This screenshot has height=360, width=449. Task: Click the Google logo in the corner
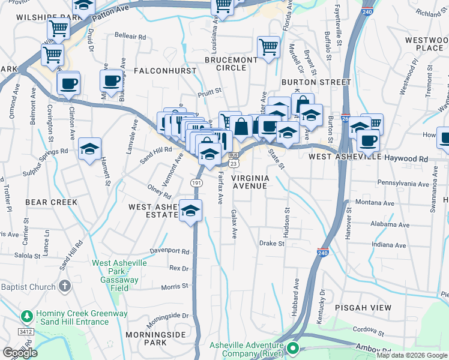pyautogui.click(x=20, y=352)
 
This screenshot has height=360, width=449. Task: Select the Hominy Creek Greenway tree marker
pyautogui.click(x=26, y=315)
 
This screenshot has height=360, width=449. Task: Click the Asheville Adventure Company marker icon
pyautogui.click(x=293, y=348)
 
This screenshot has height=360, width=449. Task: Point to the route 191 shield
pyautogui.click(x=196, y=182)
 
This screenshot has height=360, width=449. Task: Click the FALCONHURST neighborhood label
pyautogui.click(x=165, y=71)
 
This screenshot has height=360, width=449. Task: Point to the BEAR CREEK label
pyautogui.click(x=51, y=202)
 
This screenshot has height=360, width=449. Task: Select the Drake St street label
pyautogui.click(x=271, y=244)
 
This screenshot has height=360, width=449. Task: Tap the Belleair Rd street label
pyautogui.click(x=130, y=37)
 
